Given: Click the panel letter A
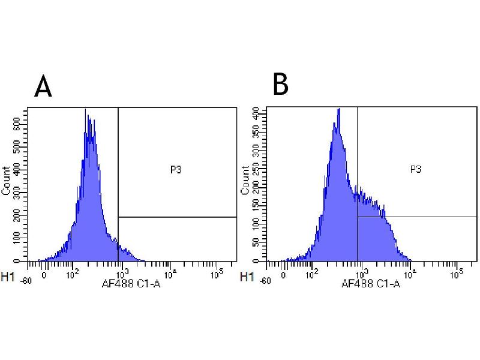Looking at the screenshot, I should click(43, 87).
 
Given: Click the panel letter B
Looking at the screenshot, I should click(280, 85).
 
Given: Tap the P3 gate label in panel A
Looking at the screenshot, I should click(176, 170).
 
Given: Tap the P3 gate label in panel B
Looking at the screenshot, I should click(415, 170).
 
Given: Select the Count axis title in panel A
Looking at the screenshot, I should click(6, 180).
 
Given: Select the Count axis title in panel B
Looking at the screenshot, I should click(245, 180).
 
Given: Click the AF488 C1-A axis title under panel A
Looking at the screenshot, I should click(131, 283).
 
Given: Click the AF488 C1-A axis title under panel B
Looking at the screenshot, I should click(370, 283).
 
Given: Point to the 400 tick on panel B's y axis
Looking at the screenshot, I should click(257, 112).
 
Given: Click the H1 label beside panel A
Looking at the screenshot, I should click(8, 277).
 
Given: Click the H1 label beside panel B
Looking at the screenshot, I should click(247, 277).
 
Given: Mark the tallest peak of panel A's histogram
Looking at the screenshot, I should click(86, 110).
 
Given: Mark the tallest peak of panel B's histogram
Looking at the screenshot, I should click(339, 109).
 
